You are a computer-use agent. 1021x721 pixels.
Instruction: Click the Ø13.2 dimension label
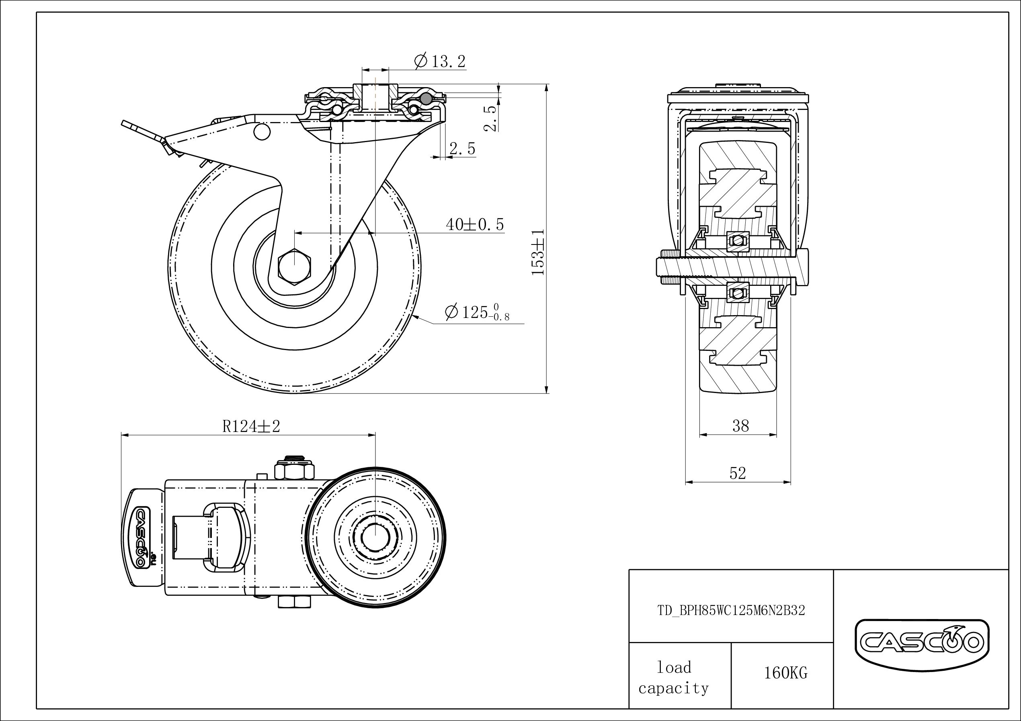pyautogui.click(x=440, y=61)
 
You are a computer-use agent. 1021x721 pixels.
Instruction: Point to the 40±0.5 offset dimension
pyautogui.click(x=475, y=225)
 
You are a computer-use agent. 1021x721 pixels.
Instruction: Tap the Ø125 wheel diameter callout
pyautogui.click(x=477, y=312)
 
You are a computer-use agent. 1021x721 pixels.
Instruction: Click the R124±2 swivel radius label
pyautogui.click(x=251, y=426)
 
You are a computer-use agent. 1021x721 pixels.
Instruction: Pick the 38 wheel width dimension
pyautogui.click(x=740, y=426)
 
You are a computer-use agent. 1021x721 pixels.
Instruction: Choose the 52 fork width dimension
pyautogui.click(x=737, y=473)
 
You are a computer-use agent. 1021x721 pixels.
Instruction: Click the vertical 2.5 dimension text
pyautogui.click(x=490, y=118)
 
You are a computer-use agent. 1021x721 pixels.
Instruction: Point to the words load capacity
pyautogui.click(x=674, y=678)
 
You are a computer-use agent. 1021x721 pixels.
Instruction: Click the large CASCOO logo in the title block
pyautogui.click(x=922, y=642)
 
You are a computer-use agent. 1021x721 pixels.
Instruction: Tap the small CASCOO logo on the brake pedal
pyautogui.click(x=140, y=538)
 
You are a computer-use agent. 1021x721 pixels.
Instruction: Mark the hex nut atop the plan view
pyautogui.click(x=294, y=470)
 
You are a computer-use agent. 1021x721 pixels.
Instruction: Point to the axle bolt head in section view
pyautogui.click(x=800, y=267)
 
